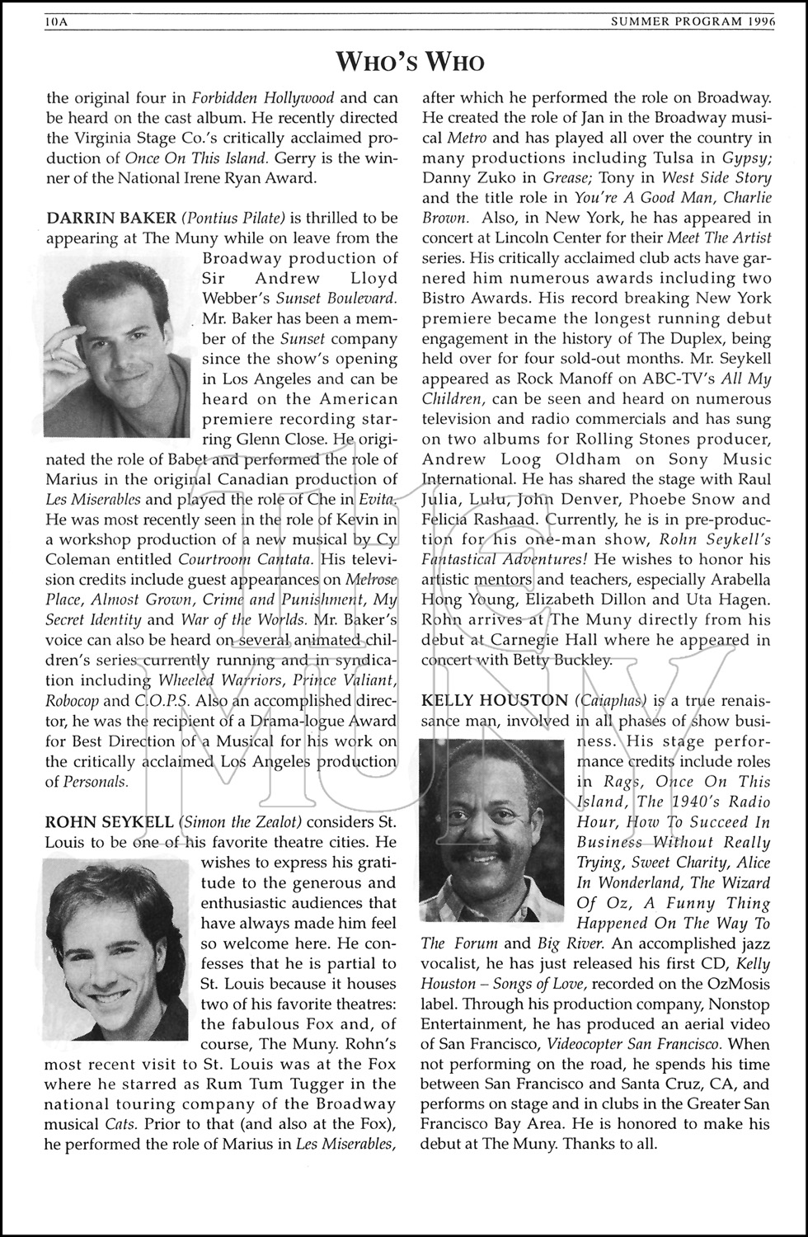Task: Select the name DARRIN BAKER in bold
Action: (x=111, y=219)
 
